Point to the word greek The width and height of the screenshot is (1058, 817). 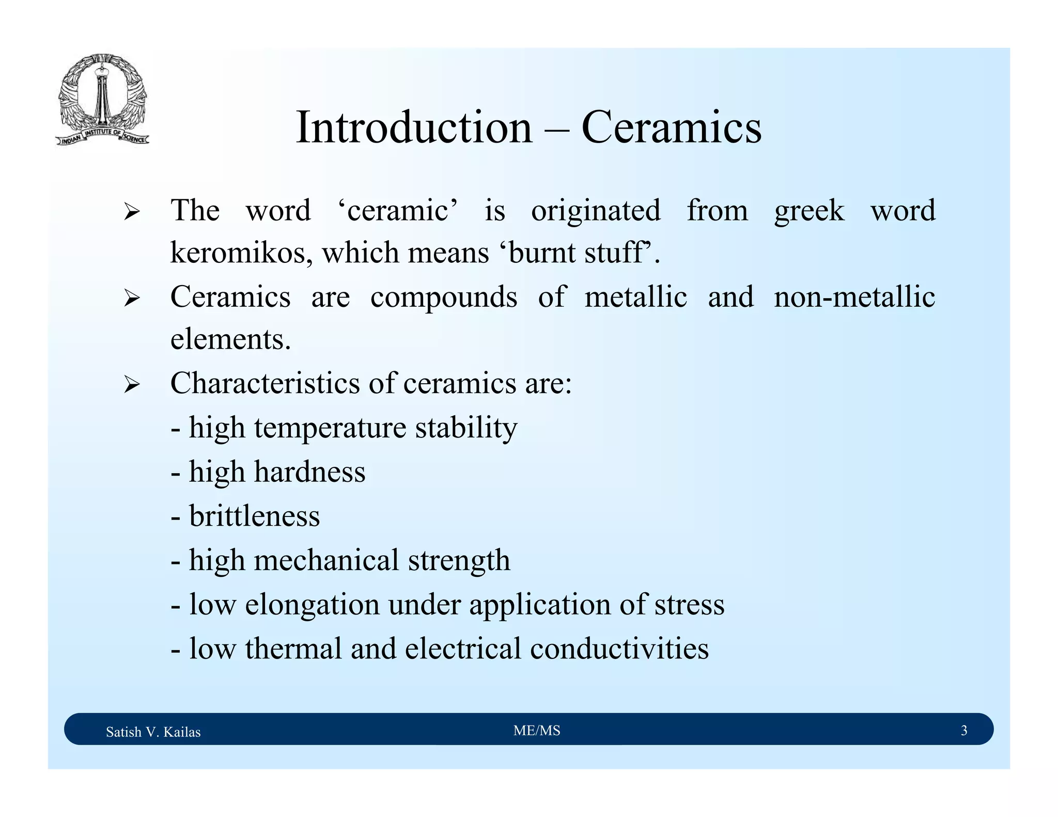tap(809, 211)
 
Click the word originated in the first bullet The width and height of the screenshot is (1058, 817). tap(596, 211)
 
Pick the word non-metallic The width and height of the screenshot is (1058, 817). tap(854, 297)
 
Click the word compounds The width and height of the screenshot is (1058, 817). tap(444, 297)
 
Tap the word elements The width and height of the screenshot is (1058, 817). tap(230, 340)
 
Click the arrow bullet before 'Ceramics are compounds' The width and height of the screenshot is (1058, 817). tap(132, 298)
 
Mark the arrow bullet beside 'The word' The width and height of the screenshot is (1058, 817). tap(132, 212)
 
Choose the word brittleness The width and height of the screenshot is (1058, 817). tap(255, 516)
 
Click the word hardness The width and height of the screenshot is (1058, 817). tap(309, 472)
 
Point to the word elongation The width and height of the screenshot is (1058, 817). tap(312, 604)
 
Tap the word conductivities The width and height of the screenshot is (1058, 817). tap(619, 649)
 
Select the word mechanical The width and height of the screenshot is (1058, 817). tap(326, 560)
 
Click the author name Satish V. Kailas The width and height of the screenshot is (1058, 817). tap(153, 732)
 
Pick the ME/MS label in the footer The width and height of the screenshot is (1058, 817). tap(537, 730)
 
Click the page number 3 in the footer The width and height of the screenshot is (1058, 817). tap(963, 730)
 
